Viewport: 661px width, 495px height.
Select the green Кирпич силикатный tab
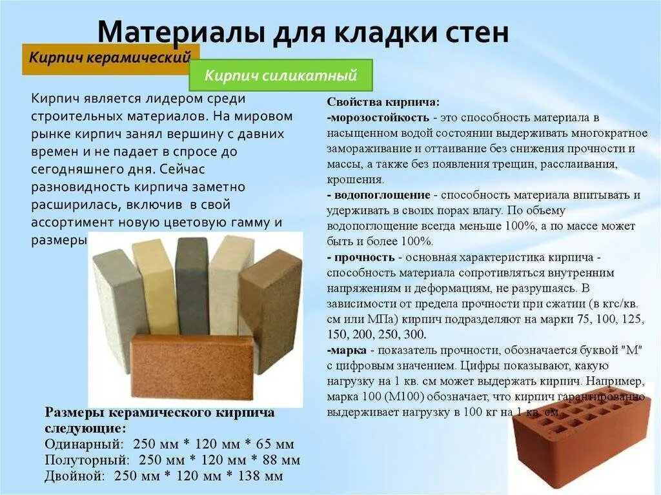tap(281, 76)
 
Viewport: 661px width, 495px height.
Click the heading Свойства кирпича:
tap(383, 102)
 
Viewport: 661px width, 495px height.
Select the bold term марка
tap(349, 350)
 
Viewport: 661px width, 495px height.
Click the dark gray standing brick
tap(192, 285)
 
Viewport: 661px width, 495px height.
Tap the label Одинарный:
tap(84, 444)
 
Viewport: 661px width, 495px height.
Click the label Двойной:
tap(75, 477)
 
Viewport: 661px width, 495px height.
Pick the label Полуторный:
tap(87, 460)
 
